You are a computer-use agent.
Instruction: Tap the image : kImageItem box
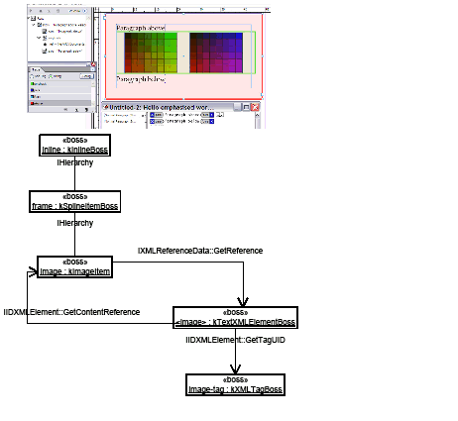click(x=73, y=265)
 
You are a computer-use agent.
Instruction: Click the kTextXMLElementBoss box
click(x=234, y=317)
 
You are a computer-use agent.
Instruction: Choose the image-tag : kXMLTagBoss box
click(x=235, y=384)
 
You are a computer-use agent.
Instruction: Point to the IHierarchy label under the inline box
click(x=73, y=162)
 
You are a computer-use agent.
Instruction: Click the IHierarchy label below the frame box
click(x=73, y=223)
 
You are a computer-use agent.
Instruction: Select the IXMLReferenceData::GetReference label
click(x=200, y=251)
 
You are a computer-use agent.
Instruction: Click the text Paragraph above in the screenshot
click(x=142, y=28)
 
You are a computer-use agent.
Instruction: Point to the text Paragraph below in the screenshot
click(x=142, y=76)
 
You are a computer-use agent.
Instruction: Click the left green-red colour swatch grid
click(x=149, y=52)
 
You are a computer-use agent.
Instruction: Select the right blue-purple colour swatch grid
click(x=217, y=52)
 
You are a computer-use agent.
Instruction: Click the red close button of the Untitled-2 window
click(x=256, y=106)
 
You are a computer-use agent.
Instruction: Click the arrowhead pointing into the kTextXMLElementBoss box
click(x=237, y=303)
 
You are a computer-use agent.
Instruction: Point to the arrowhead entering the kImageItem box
click(x=32, y=267)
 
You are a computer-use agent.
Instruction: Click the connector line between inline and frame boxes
click(x=73, y=174)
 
